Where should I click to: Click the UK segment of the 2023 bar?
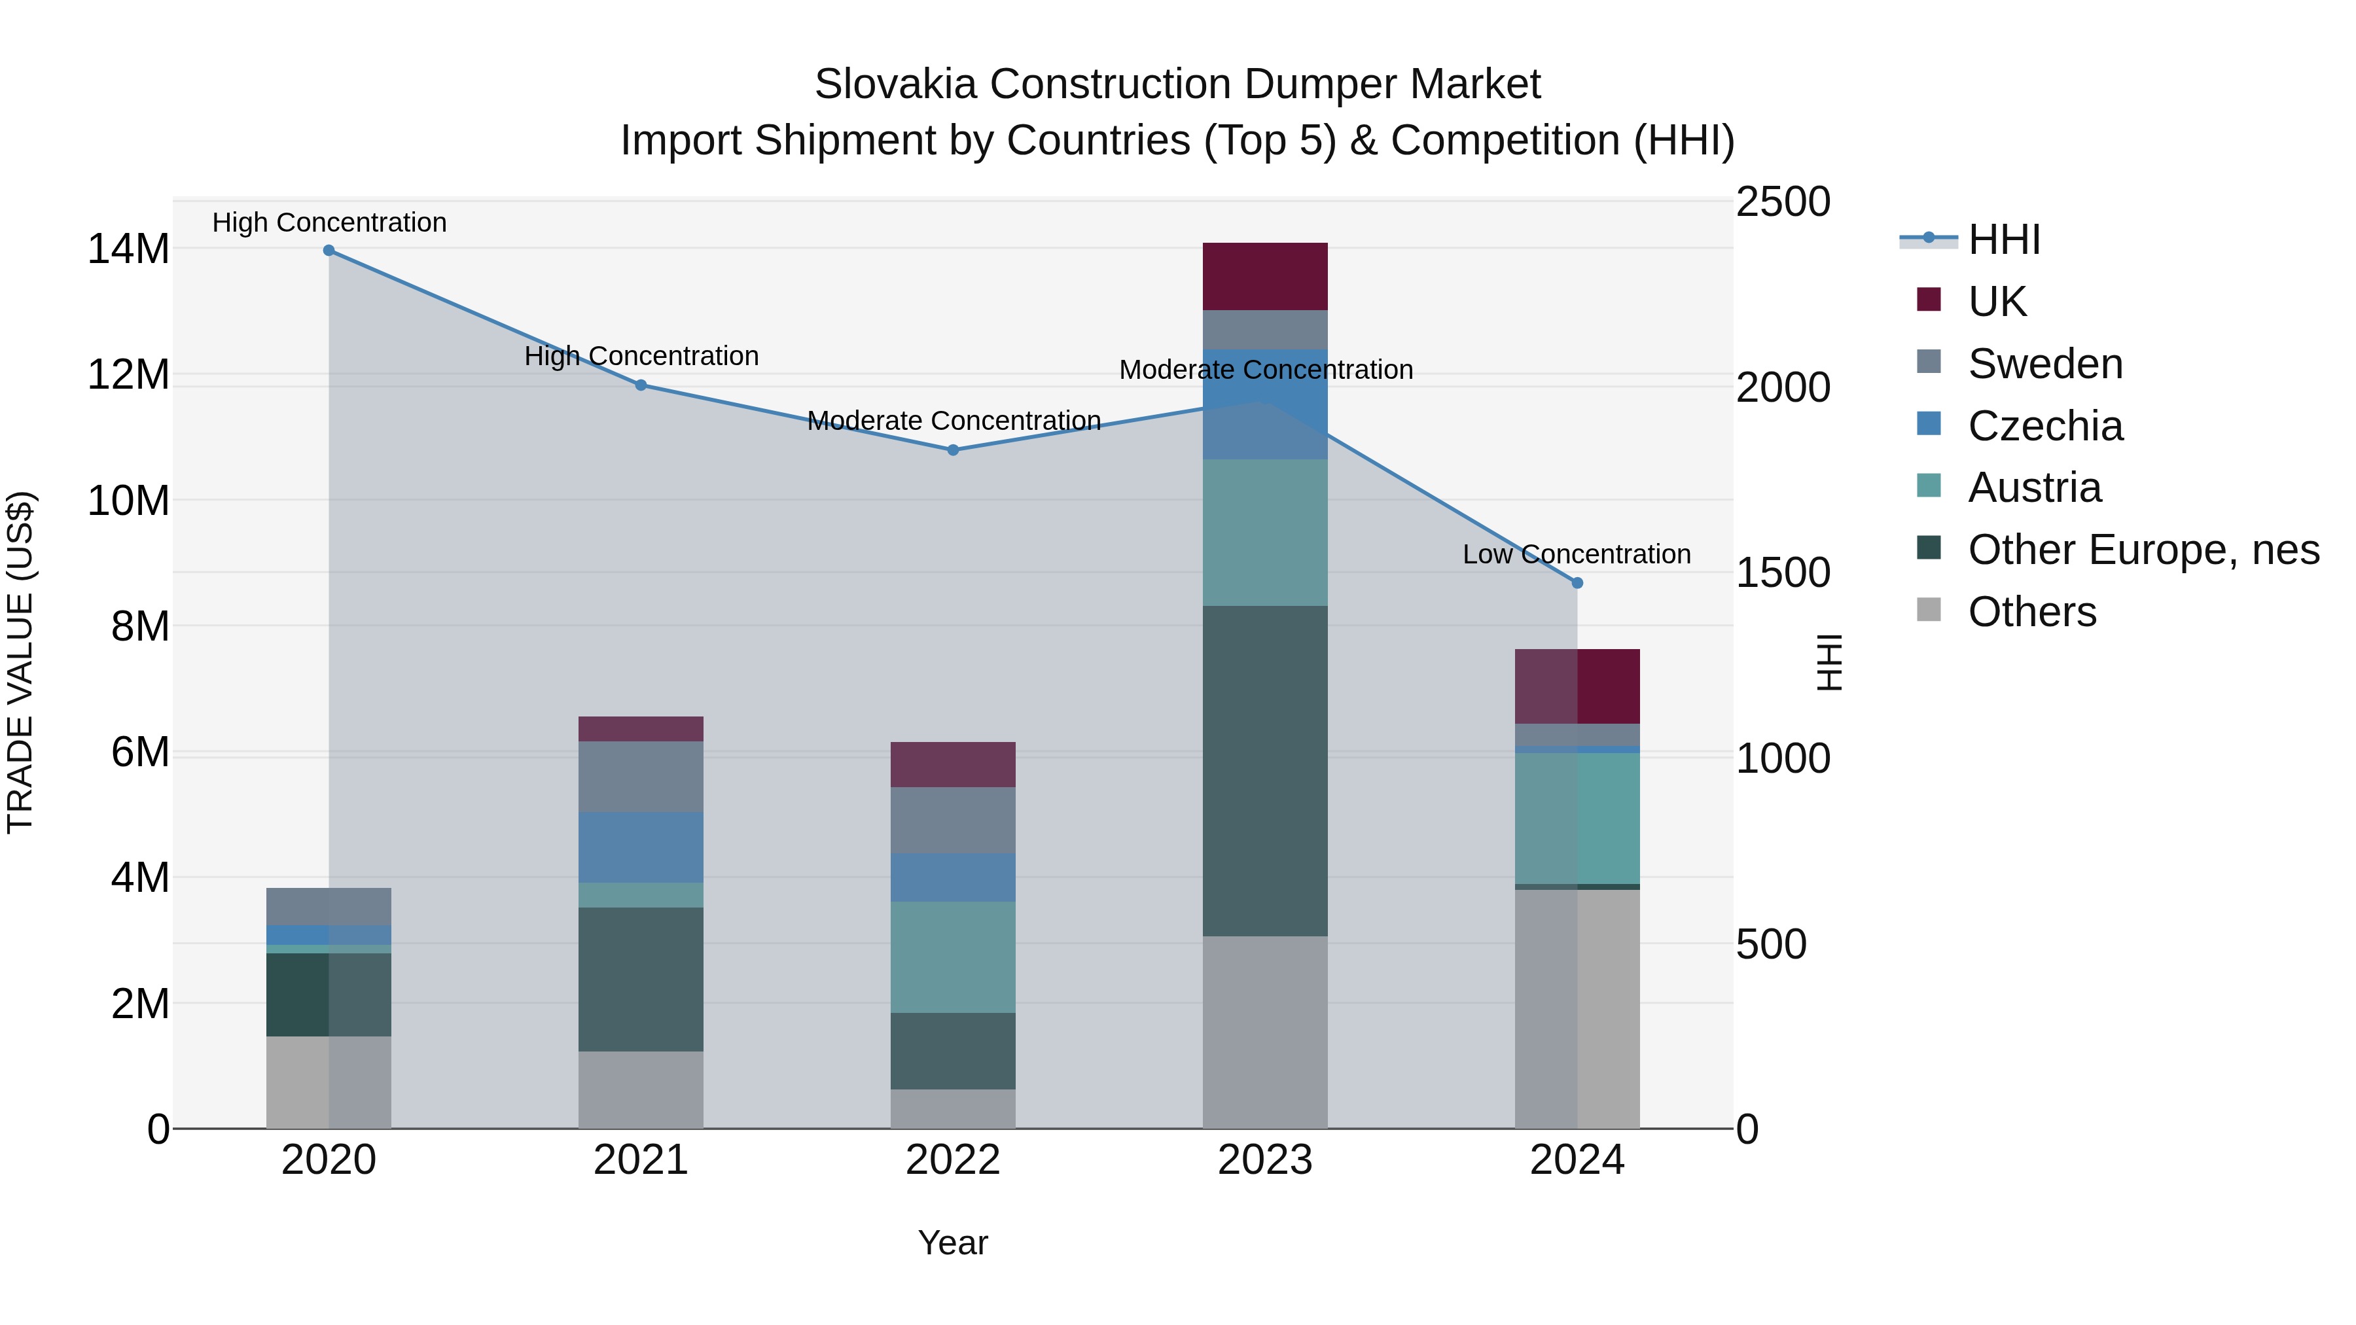tap(1265, 276)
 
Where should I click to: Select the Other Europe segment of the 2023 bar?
tap(1265, 770)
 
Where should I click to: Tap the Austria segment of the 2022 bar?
tap(953, 957)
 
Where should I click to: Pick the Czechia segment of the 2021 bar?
tap(640, 847)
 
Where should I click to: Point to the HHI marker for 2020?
tap(329, 251)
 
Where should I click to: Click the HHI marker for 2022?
tap(953, 450)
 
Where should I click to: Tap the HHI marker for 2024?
tap(1577, 582)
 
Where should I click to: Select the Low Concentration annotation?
tap(1576, 554)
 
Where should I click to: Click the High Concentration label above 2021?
tap(641, 356)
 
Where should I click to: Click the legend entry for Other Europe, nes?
tap(2143, 550)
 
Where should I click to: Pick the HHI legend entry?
tap(2003, 239)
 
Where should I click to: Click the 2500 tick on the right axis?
tap(1783, 202)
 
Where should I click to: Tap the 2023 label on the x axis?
tap(1265, 1160)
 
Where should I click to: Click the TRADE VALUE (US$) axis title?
tap(20, 662)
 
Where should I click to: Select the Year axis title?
tap(953, 1243)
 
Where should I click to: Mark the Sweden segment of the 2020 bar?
tap(329, 906)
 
